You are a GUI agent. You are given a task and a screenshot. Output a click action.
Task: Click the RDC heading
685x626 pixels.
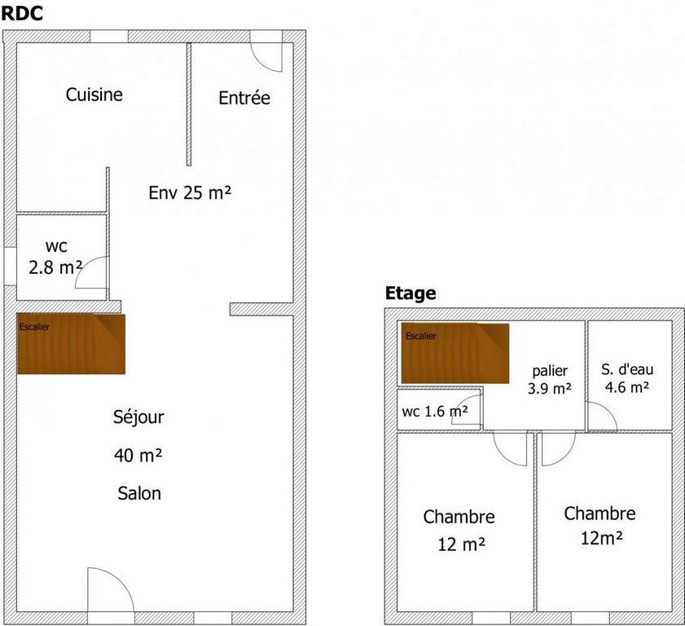22,13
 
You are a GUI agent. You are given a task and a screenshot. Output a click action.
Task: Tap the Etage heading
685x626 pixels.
411,293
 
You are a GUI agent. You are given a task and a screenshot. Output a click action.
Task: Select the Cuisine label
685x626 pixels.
94,95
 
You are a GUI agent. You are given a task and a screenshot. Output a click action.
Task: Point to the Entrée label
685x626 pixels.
244,98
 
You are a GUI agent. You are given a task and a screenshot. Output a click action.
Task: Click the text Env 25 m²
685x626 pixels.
190,192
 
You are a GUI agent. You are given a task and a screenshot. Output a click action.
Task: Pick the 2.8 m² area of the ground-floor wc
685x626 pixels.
55,267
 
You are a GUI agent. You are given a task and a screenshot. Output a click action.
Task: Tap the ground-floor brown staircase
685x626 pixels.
71,344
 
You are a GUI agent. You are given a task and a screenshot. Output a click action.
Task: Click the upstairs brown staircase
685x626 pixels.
455,353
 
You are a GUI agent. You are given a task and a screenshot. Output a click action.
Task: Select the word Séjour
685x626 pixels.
138,417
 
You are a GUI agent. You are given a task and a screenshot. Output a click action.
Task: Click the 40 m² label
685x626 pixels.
138,455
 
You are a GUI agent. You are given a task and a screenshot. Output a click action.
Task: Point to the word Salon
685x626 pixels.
139,493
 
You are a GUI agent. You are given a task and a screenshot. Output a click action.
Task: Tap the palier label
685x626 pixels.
550,371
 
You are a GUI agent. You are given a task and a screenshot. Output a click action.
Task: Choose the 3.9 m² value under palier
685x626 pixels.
549,388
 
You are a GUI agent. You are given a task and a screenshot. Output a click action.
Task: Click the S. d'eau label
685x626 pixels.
627,369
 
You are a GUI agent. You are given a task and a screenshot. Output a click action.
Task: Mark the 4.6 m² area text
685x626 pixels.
627,387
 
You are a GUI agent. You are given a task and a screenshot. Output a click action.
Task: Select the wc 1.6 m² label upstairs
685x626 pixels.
435,412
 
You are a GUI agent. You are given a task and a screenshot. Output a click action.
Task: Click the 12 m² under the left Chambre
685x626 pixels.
461,544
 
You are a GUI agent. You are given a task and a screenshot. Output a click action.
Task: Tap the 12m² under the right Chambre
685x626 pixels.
602,539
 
